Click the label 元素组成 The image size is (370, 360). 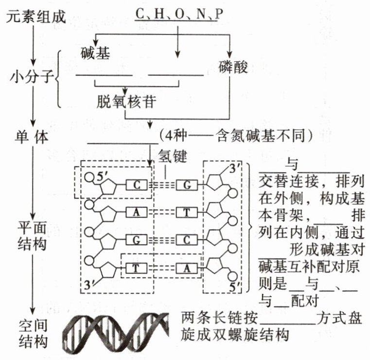tap(36, 17)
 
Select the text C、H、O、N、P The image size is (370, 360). tap(179, 14)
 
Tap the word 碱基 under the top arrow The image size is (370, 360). tap(95, 53)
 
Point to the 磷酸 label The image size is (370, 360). tap(233, 67)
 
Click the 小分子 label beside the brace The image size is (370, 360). tap(32, 76)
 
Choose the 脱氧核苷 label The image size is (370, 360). tap(126, 102)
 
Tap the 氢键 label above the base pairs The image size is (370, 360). tap(173, 156)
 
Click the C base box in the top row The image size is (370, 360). tap(137, 185)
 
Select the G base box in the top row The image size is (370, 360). tap(187, 185)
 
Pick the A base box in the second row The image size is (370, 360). tap(137, 212)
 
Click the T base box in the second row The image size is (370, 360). tap(187, 212)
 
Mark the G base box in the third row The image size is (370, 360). tap(137, 240)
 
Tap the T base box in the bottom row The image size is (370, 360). tap(137, 268)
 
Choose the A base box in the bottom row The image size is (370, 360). tap(187, 268)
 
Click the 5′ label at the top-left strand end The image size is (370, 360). tap(102, 176)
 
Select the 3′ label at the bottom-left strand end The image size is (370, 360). tap(89, 285)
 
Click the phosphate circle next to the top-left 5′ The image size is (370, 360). tap(89, 177)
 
